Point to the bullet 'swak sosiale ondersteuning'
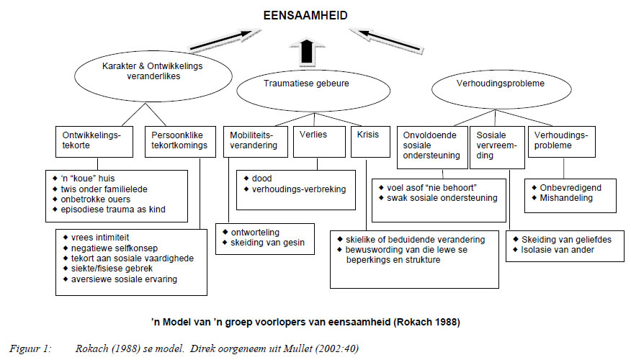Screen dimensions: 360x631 (x=442, y=198)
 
